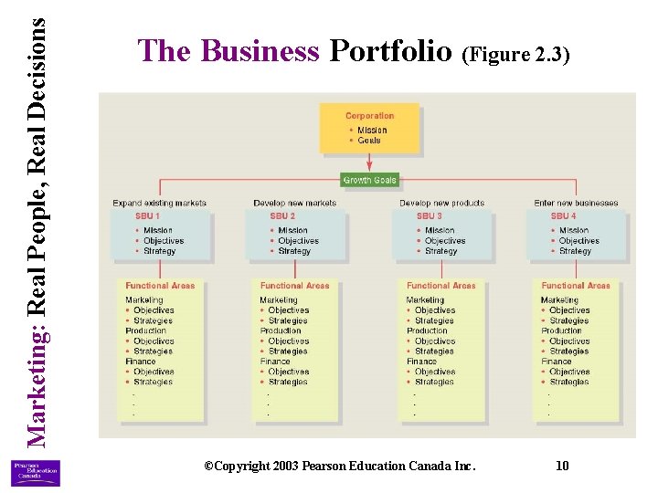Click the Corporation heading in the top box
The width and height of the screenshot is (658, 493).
369,116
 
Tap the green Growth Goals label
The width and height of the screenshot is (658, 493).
370,180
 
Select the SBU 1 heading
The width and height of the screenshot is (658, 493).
147,216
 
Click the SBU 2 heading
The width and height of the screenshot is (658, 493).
282,216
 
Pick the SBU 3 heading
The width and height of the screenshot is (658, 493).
429,216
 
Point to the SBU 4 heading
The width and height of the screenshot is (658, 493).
564,216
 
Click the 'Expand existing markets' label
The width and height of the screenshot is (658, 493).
159,203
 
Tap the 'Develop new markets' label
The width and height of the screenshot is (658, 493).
294,203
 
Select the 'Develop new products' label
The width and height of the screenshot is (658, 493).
441,203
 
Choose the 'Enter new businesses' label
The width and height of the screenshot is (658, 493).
576,203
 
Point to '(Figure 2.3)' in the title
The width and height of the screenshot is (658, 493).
516,55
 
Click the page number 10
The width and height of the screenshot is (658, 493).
562,466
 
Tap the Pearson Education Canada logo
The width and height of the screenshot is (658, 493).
35,472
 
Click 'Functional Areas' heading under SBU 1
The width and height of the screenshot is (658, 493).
160,286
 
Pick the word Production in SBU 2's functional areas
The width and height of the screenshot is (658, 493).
281,330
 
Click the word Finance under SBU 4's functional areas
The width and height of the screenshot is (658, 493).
556,362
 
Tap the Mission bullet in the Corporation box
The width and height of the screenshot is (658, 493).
372,130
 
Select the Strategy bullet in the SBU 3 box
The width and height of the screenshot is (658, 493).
440,251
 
